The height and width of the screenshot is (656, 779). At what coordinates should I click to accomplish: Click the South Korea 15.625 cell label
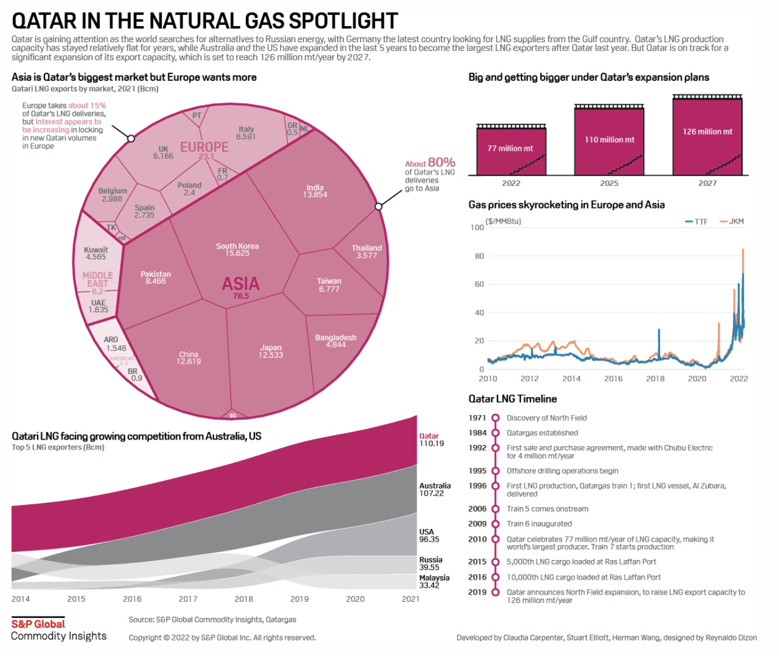coord(237,249)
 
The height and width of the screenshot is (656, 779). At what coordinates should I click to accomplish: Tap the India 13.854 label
coord(315,191)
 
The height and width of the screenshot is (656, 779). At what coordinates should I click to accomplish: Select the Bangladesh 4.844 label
coord(335,341)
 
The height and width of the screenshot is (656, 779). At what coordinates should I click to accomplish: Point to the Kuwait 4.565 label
coord(96,254)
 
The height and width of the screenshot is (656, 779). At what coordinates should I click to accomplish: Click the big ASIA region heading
coord(241,284)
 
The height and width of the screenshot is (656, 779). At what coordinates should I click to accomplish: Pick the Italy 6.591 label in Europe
coord(246,133)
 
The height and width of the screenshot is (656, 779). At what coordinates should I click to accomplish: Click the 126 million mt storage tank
coord(707,136)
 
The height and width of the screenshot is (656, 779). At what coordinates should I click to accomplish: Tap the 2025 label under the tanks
coord(609,183)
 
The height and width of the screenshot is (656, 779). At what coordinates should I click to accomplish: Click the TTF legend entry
coord(696,221)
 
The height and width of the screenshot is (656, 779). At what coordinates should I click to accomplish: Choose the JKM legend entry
coord(732,221)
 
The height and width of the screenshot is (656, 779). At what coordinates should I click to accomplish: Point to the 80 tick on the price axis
coord(480,256)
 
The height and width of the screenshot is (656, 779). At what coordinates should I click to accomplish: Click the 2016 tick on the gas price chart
coord(613,379)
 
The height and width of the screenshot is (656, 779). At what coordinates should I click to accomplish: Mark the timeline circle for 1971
coord(495,418)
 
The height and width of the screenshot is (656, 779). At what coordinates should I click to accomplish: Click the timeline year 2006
coord(477,509)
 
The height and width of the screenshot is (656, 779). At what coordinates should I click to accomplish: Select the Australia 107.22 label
coord(435,489)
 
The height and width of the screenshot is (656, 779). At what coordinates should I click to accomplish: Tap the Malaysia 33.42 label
coord(434,582)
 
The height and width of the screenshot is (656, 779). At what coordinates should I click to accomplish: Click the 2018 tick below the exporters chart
coord(244,599)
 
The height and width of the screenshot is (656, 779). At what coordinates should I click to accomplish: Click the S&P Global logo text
coord(38,624)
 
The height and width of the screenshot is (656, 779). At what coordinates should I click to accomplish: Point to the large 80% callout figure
coord(441,162)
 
